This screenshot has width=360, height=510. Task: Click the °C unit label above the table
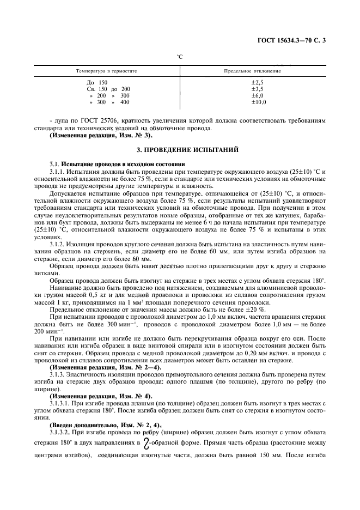point(180,57)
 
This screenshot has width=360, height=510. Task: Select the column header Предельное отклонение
point(253,71)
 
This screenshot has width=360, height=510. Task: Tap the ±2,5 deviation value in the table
point(257,82)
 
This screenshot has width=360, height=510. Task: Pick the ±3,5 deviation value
point(257,88)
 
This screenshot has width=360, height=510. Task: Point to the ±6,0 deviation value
point(257,95)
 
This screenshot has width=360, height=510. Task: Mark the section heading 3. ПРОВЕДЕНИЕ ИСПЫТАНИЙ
point(180,149)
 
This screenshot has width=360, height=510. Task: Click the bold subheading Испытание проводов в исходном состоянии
point(123,163)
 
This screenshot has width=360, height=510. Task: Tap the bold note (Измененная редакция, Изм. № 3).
point(101,135)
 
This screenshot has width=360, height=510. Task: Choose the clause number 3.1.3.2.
point(60,430)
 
